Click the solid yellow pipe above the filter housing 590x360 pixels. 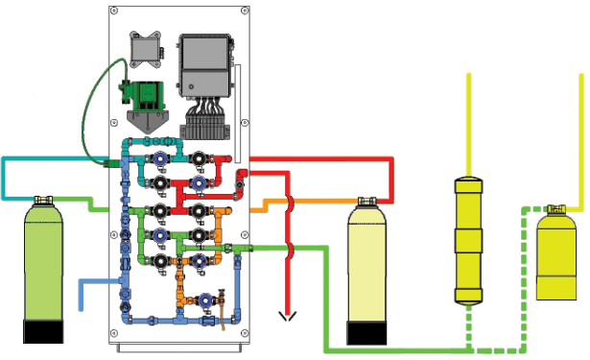(x=468, y=125)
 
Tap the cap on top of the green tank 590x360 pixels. (x=43, y=201)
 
